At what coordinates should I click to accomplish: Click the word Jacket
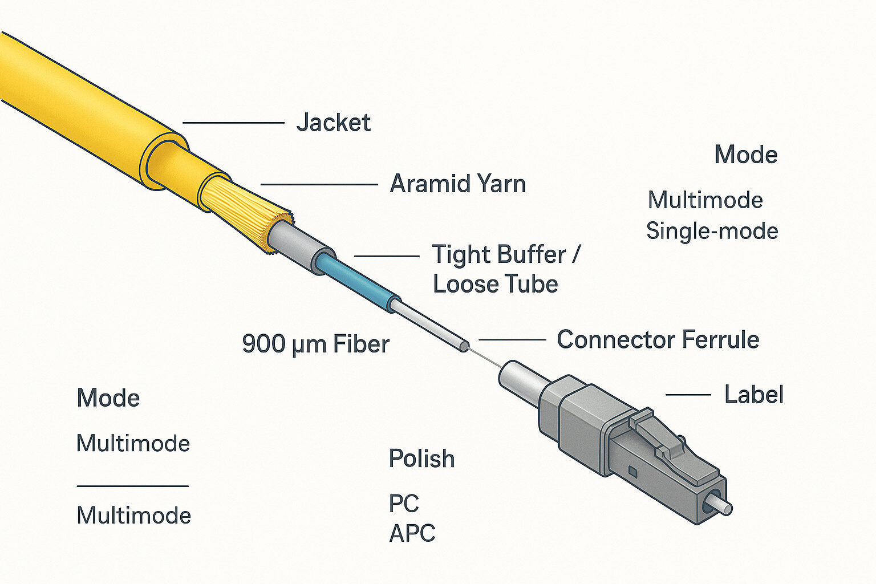click(x=334, y=123)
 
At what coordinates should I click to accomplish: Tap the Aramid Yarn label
click(x=457, y=184)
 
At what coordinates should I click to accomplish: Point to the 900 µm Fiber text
click(x=315, y=344)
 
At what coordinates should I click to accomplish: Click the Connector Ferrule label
click(x=658, y=340)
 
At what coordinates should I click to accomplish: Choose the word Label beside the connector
click(x=753, y=395)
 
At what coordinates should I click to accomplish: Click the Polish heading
click(x=421, y=459)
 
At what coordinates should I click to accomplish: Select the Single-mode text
click(x=712, y=231)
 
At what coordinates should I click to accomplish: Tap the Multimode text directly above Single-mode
click(x=705, y=200)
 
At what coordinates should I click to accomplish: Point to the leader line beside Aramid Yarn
click(x=319, y=185)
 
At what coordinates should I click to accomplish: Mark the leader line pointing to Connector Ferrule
click(x=512, y=340)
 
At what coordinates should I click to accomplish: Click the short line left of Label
click(x=688, y=395)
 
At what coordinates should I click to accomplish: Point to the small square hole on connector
click(x=632, y=471)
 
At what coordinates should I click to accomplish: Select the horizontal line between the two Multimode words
click(x=132, y=486)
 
